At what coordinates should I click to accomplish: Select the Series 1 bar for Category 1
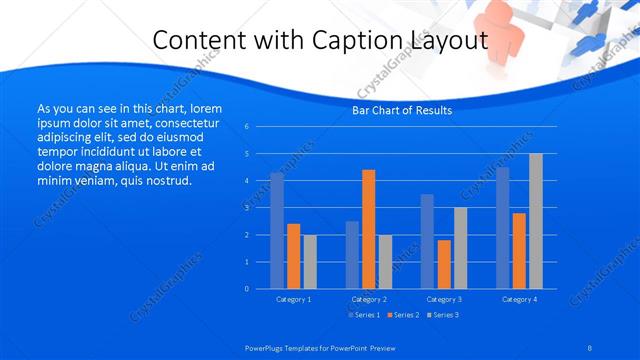tap(277, 231)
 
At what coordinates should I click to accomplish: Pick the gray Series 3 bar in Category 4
tap(536, 221)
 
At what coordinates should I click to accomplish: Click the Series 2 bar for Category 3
tap(444, 264)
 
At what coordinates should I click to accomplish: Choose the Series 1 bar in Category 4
tap(502, 228)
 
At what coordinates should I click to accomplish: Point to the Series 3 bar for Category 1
tap(310, 262)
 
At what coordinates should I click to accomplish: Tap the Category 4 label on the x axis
tap(519, 299)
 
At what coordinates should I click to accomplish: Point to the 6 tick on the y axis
tap(246, 127)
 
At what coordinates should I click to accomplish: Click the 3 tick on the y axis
tap(246, 208)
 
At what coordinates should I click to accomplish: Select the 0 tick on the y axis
tap(246, 289)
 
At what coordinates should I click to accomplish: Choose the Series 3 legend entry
tap(443, 315)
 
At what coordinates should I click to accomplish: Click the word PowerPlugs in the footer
tap(266, 348)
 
